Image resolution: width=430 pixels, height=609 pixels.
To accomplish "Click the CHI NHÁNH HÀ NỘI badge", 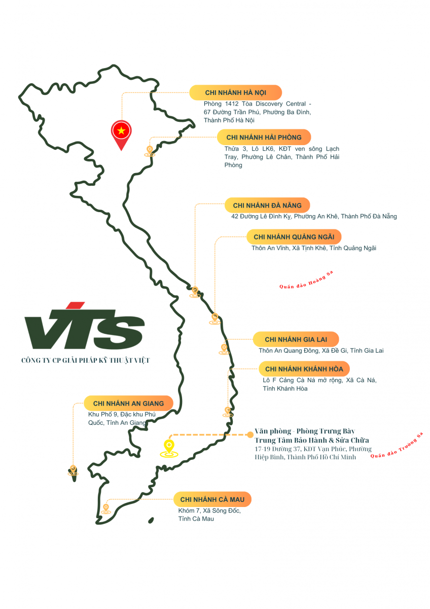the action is (x=235, y=92).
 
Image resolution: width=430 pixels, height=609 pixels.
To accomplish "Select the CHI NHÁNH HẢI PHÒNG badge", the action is (x=264, y=137).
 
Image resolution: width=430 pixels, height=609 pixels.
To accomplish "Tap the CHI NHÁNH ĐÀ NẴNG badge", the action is (x=267, y=205).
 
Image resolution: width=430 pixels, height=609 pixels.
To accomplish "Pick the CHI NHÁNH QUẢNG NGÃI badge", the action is (x=294, y=236).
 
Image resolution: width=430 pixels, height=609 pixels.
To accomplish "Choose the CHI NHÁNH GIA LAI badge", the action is (x=296, y=339).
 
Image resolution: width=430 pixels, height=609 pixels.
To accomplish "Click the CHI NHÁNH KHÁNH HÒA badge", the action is (x=304, y=368).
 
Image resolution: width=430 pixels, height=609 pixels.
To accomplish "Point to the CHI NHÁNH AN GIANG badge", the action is (x=128, y=403).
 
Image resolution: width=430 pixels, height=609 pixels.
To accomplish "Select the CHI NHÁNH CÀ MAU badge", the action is (x=212, y=499).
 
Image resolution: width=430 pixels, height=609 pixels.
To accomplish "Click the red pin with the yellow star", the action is (x=121, y=133).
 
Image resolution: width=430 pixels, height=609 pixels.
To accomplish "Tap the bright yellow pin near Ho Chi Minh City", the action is (x=169, y=447).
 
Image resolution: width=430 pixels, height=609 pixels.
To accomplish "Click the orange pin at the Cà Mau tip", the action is (x=106, y=509).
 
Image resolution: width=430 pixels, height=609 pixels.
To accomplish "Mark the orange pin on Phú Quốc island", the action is (x=73, y=470).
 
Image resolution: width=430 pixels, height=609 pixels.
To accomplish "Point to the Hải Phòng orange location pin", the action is (x=150, y=151).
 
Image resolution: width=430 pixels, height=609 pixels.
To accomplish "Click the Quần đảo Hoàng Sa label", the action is (x=306, y=281).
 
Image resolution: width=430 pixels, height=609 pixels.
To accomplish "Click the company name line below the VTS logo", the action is (x=86, y=360).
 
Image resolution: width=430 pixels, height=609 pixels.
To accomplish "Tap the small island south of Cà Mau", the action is (x=151, y=520).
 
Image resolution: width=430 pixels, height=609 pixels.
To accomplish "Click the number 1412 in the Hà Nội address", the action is (x=232, y=104).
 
